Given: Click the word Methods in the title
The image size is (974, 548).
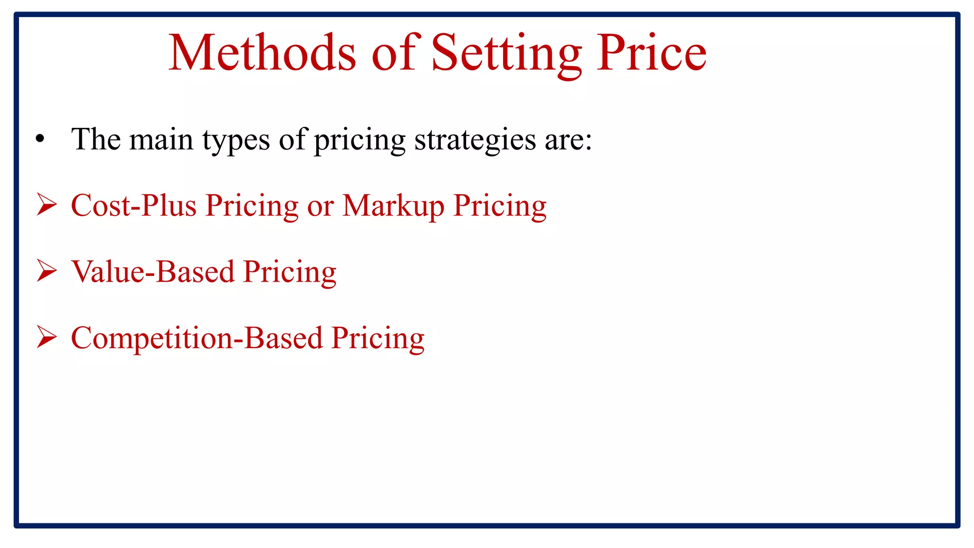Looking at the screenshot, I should pyautogui.click(x=262, y=53).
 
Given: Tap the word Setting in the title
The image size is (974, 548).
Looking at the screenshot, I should pyautogui.click(x=506, y=53).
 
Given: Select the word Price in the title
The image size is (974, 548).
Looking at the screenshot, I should pyautogui.click(x=652, y=53).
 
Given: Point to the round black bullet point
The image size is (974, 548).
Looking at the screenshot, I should pyautogui.click(x=40, y=139).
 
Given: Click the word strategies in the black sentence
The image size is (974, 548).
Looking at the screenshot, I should pyautogui.click(x=475, y=140).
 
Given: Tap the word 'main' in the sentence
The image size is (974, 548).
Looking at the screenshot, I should pyautogui.click(x=161, y=140).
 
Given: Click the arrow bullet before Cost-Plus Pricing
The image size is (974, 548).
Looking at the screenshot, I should pyautogui.click(x=47, y=205).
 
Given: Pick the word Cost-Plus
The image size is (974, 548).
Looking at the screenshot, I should pyautogui.click(x=134, y=206).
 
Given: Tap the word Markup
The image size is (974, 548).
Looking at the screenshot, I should pyautogui.click(x=393, y=206).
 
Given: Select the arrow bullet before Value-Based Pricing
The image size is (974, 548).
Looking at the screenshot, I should pyautogui.click(x=47, y=272).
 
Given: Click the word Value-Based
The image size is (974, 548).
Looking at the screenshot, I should pyautogui.click(x=153, y=272).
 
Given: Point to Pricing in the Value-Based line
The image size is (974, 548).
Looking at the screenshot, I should pyautogui.click(x=290, y=273).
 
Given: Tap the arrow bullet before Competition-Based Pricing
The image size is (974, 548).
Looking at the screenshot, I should pyautogui.click(x=47, y=338).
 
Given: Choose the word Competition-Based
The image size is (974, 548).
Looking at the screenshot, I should pyautogui.click(x=197, y=339).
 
